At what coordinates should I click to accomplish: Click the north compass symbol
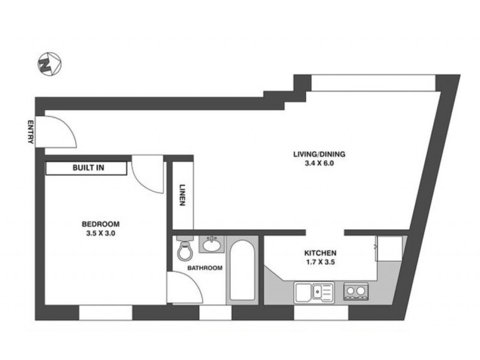click(x=50, y=64)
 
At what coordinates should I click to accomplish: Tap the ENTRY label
click(x=31, y=132)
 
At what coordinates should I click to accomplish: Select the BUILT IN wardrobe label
click(x=88, y=168)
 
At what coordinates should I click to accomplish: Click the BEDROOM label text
click(x=101, y=224)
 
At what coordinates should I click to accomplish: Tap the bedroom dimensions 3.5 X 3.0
click(x=101, y=233)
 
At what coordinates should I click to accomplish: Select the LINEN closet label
click(x=182, y=194)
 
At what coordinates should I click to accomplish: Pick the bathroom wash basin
click(x=212, y=244)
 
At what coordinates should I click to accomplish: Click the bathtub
click(x=242, y=270)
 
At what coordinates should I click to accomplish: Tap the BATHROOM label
click(x=205, y=268)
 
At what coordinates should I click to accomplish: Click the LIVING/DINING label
click(x=319, y=154)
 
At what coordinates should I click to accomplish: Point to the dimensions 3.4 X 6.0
click(x=319, y=163)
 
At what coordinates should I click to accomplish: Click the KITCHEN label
click(x=320, y=253)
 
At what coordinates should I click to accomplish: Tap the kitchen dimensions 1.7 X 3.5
click(x=320, y=262)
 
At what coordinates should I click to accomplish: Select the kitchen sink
click(x=314, y=293)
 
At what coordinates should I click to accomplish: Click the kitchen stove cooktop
click(x=356, y=291)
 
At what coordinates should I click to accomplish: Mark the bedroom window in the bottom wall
click(x=106, y=313)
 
